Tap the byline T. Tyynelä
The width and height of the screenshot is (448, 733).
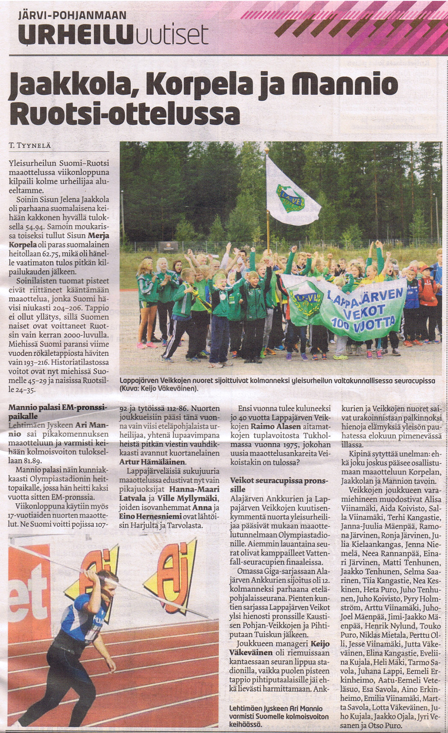click(30, 145)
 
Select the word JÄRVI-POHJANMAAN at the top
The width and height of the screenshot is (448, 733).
click(72, 16)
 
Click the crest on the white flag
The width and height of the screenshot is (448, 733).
click(290, 198)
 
